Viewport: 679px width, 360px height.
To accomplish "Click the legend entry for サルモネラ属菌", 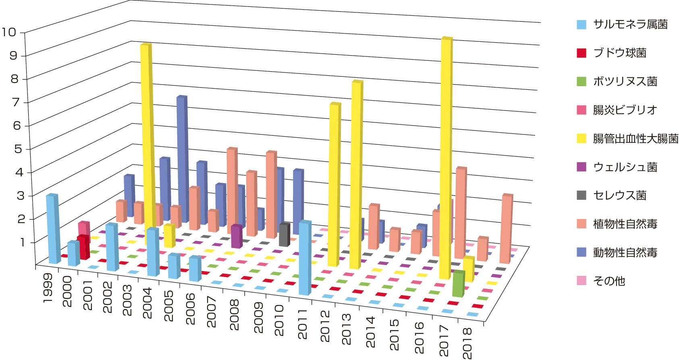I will [x=630, y=25].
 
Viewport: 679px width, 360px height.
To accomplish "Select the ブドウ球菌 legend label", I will [x=620, y=53].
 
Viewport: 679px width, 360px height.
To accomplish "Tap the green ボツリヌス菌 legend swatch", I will [x=581, y=81].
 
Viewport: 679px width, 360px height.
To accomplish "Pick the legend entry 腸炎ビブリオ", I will [x=625, y=110].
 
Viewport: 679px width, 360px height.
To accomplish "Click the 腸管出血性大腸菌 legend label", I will [x=635, y=139].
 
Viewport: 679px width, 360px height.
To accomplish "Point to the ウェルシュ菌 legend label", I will [x=625, y=167].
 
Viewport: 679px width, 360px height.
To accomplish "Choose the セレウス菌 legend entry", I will [x=620, y=195].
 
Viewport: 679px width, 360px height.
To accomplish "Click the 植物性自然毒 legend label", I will [x=625, y=224].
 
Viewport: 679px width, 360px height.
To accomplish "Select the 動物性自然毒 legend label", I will [x=625, y=252].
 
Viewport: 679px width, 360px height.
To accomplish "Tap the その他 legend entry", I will [x=609, y=281].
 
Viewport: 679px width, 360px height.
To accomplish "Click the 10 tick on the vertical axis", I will [x=9, y=32].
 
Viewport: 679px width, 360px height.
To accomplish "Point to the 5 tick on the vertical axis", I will [x=17, y=149].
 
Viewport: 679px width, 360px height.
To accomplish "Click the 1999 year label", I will [x=47, y=290].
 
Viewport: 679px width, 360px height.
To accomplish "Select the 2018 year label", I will [x=467, y=343].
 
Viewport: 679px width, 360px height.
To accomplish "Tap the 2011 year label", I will [x=302, y=324].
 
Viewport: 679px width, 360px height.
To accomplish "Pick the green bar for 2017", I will [x=458, y=283].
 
